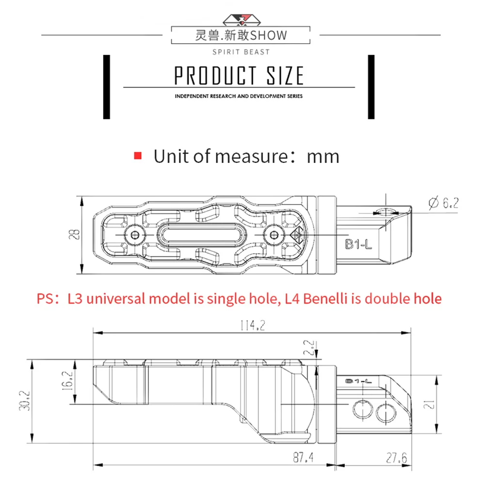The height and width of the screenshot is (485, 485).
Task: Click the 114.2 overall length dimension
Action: point(253,325)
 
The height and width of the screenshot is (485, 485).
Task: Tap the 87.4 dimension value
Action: point(303,457)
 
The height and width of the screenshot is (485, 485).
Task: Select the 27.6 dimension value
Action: point(397,458)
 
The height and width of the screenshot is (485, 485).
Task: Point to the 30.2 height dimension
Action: point(25,401)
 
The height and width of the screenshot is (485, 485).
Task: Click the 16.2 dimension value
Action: point(68,380)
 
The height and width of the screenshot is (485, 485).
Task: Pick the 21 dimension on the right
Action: point(429,404)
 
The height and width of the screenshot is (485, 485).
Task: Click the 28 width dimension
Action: point(75,234)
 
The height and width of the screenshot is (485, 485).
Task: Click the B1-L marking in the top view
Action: point(358,244)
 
